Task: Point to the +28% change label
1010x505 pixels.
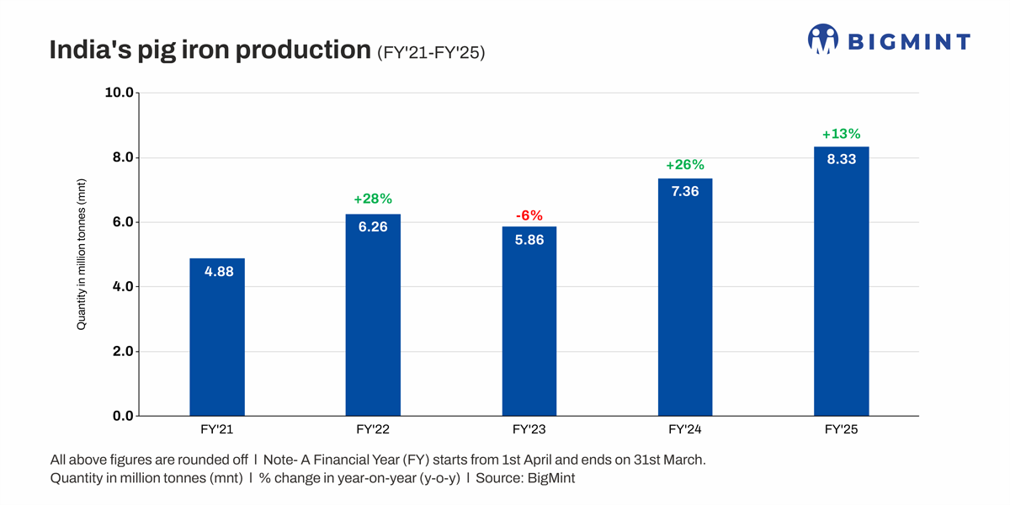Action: tap(373, 199)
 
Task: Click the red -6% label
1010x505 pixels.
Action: tap(529, 216)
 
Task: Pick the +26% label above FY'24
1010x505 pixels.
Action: tap(685, 165)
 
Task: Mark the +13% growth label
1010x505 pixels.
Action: tap(841, 134)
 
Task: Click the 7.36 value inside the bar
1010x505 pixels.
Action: tap(685, 191)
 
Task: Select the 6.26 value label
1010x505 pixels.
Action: tap(373, 226)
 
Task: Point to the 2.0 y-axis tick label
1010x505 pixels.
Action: tap(121, 351)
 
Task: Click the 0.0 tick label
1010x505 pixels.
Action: tap(121, 416)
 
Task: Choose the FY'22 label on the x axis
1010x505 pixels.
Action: tap(373, 429)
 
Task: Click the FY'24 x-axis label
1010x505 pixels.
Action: tap(685, 429)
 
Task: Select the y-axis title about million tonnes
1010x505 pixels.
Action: tap(82, 253)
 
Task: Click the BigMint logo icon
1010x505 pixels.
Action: tap(822, 40)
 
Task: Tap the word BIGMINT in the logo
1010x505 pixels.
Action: tap(908, 41)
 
